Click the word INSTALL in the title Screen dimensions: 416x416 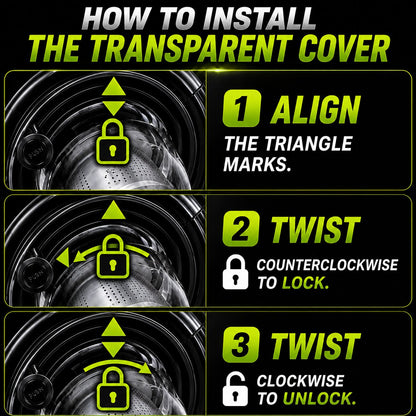[x=258, y=18]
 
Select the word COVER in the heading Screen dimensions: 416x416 [x=344, y=49]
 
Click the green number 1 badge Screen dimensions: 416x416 [x=242, y=108]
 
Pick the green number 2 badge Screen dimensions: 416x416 [x=241, y=229]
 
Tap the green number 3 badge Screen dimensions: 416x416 [x=241, y=345]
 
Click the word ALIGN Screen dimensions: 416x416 [x=316, y=110]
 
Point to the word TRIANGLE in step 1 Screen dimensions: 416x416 [x=309, y=144]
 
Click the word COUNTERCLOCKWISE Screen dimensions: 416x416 [x=327, y=265]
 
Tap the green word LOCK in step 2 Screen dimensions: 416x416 [x=305, y=283]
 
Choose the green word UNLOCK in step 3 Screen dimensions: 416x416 [x=319, y=398]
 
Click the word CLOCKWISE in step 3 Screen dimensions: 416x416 [x=300, y=381]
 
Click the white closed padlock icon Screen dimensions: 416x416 [x=236, y=272]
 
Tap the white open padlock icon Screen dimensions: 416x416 [x=235, y=389]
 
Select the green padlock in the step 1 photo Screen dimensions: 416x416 [x=113, y=142]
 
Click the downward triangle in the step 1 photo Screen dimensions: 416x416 [x=114, y=109]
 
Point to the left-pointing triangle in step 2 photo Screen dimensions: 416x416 [x=63, y=258]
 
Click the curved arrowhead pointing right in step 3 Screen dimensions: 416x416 [x=146, y=368]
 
